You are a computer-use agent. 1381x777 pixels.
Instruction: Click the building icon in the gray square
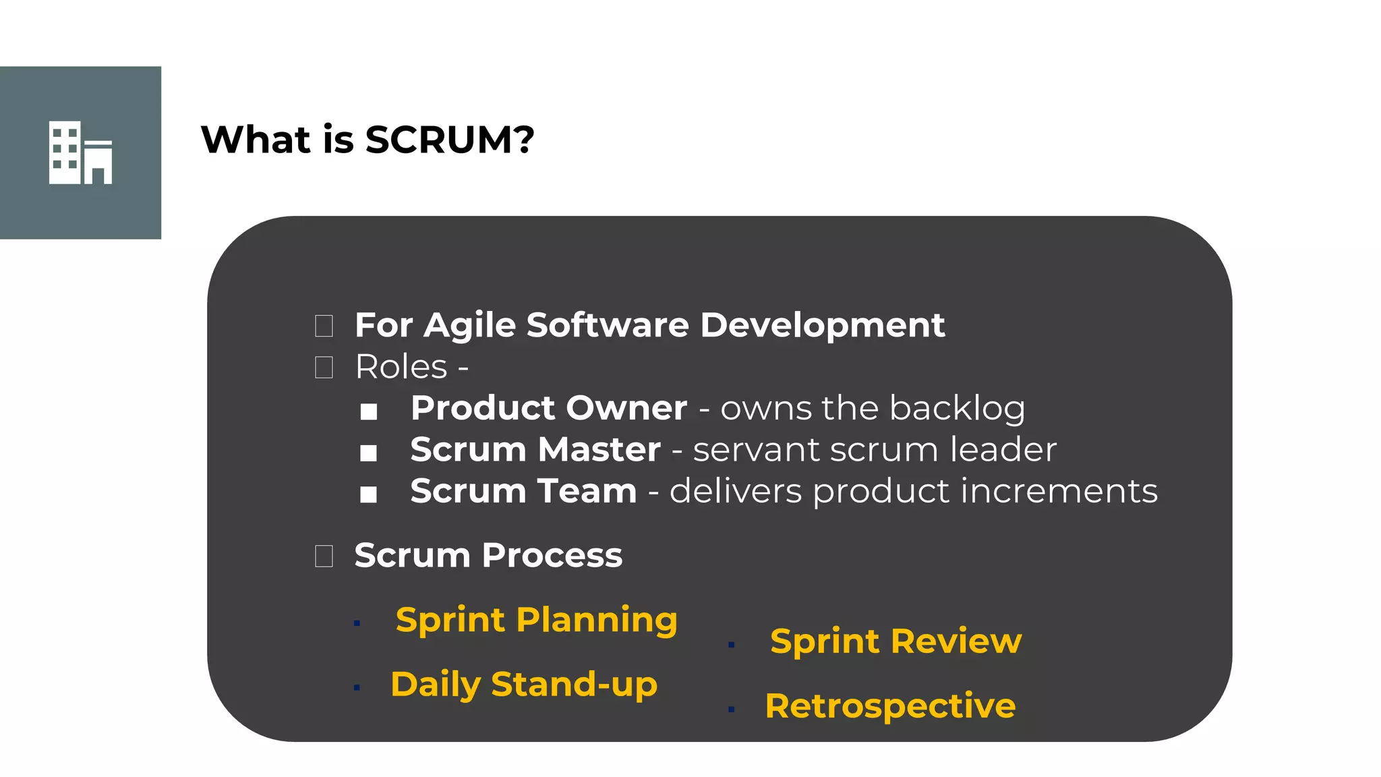click(x=80, y=152)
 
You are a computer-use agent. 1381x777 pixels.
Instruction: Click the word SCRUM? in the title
click(x=449, y=140)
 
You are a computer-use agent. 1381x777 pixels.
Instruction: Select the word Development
click(x=822, y=326)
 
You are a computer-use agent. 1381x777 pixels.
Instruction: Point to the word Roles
click(x=401, y=367)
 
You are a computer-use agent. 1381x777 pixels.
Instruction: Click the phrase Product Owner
click(x=549, y=408)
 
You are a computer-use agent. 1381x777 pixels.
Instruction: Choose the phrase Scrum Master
click(x=535, y=449)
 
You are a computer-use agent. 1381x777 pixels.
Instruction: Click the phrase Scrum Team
click(x=523, y=491)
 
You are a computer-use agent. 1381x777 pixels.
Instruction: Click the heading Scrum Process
click(x=488, y=555)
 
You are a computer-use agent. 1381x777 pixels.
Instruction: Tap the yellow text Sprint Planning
click(x=536, y=620)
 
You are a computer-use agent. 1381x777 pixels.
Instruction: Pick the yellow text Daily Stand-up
click(x=524, y=685)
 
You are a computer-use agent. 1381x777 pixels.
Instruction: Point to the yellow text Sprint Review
click(x=895, y=641)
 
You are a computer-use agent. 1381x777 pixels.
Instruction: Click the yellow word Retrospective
click(x=890, y=706)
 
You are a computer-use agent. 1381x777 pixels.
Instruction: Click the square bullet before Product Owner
click(x=368, y=411)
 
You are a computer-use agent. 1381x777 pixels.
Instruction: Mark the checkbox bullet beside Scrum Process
click(x=324, y=556)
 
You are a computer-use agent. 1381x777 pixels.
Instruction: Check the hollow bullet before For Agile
click(x=324, y=326)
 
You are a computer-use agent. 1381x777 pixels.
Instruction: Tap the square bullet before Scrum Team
click(x=368, y=494)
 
